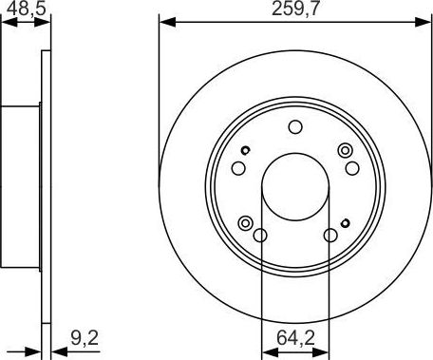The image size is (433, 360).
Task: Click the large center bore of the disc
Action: click(294, 181)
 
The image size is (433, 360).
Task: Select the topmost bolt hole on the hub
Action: click(294, 127)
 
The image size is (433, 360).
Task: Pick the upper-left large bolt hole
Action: click(238, 168)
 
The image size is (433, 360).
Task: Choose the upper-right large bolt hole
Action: click(350, 168)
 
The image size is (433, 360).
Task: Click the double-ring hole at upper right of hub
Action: click(344, 149)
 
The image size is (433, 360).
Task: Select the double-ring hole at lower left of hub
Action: click(245, 223)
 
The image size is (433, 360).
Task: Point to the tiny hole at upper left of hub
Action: click(245, 150)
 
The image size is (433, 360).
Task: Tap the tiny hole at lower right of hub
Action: click(344, 222)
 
